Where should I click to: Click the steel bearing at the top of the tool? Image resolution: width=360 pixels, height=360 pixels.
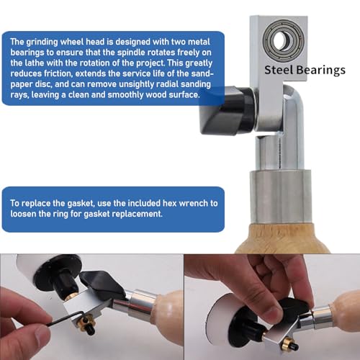283,39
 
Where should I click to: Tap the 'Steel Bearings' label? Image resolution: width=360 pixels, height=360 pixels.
305,70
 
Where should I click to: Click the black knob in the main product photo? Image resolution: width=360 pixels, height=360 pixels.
227,110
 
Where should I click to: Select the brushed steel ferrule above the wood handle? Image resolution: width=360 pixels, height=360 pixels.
281,197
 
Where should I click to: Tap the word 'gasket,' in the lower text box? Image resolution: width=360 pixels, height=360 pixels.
80,204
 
